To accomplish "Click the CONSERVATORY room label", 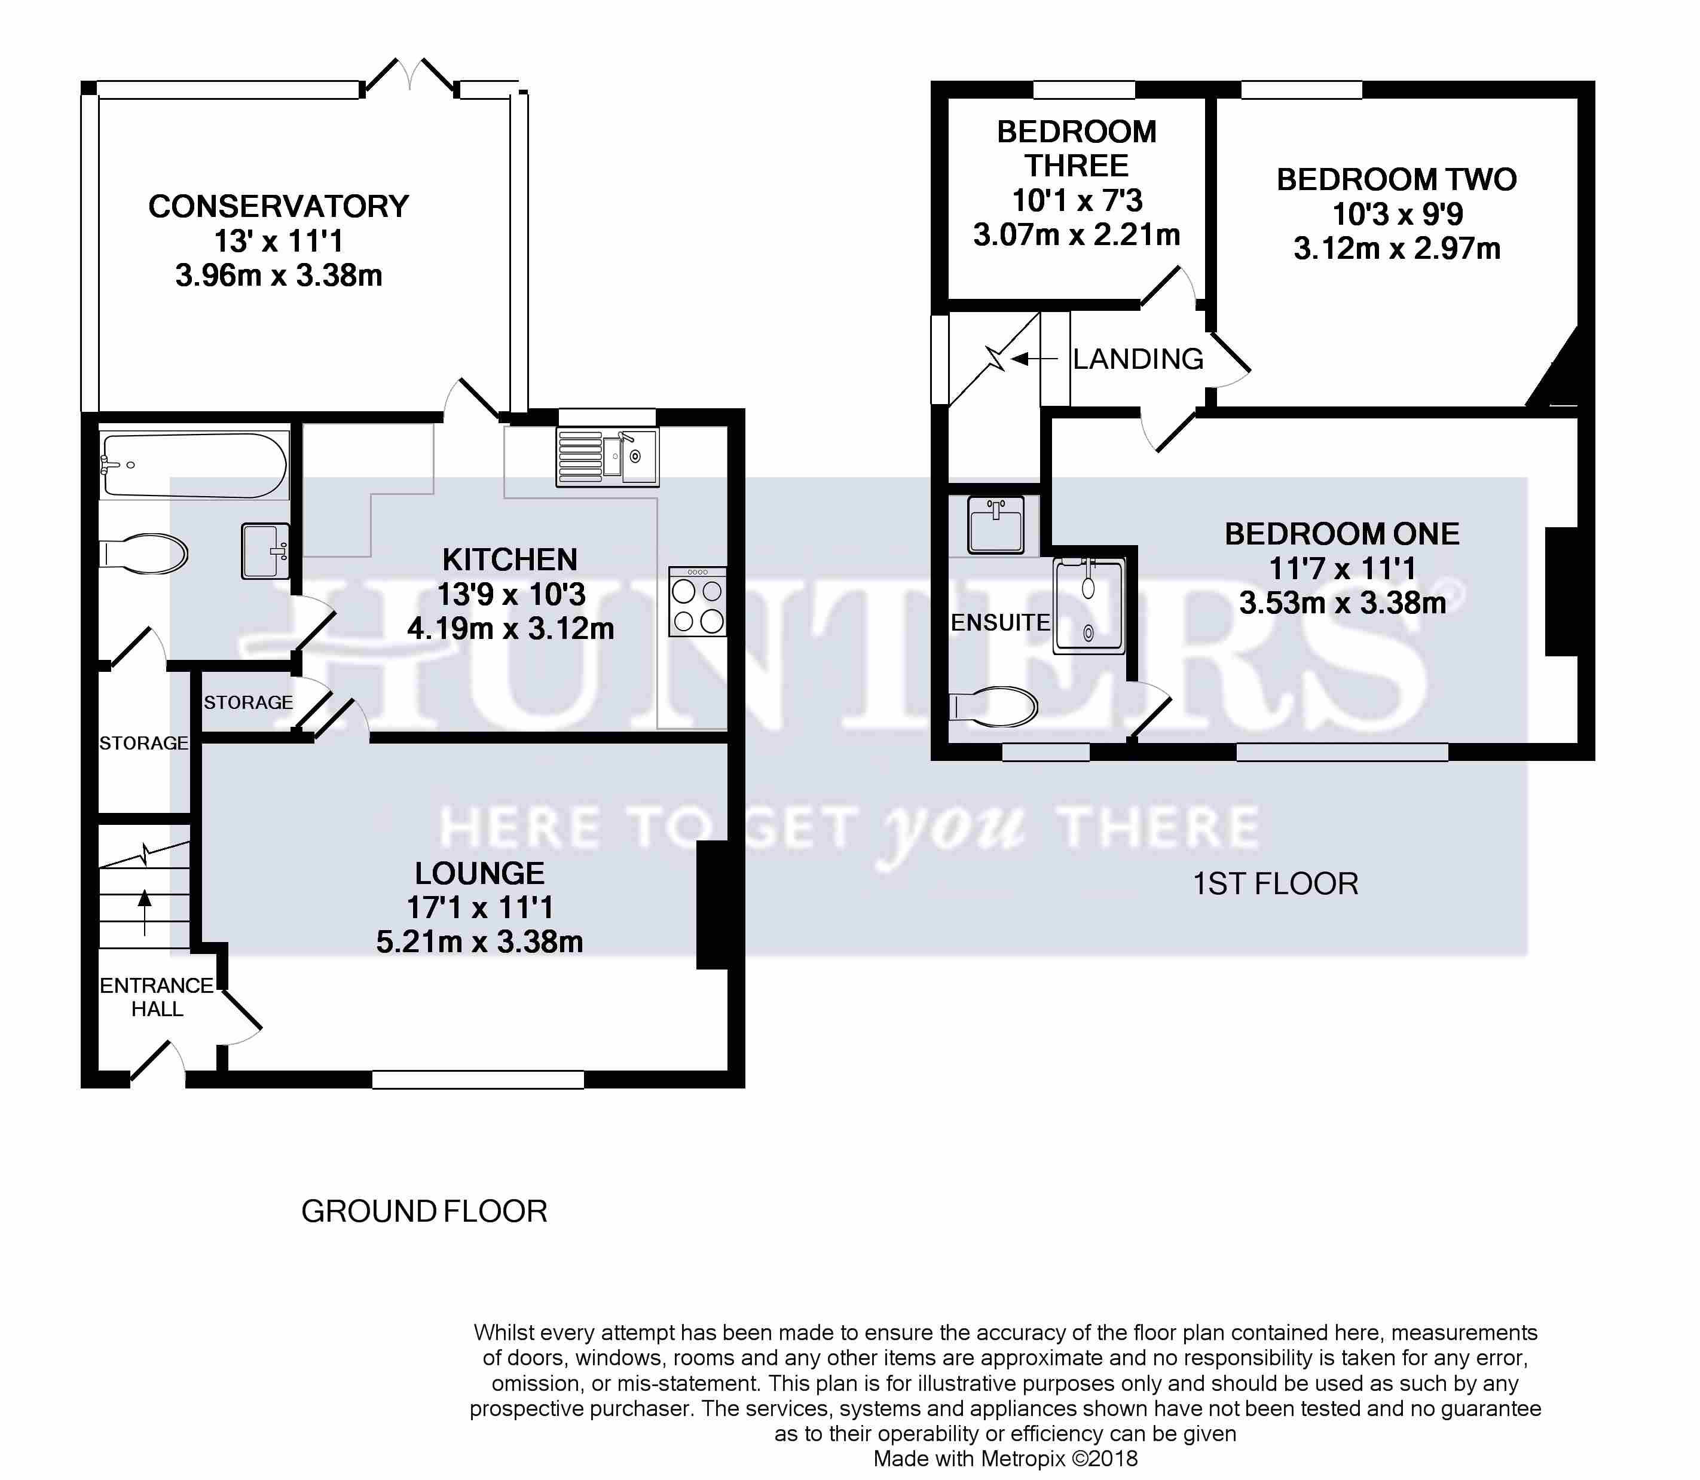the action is (x=279, y=206).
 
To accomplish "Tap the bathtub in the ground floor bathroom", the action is (x=194, y=465).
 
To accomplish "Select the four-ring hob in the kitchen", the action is (x=698, y=601).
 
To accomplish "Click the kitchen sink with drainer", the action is (x=608, y=457).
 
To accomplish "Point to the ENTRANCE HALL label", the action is (x=157, y=997).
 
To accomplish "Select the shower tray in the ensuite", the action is (x=1089, y=607).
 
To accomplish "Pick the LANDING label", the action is (x=1138, y=359).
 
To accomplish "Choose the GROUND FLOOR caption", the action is (x=424, y=1212).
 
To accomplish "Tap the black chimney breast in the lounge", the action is (x=712, y=904).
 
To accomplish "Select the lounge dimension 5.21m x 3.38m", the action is (x=480, y=943).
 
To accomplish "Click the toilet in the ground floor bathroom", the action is (x=143, y=554).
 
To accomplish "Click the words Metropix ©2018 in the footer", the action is (x=1060, y=1459).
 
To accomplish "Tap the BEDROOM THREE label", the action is (x=1077, y=149).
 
